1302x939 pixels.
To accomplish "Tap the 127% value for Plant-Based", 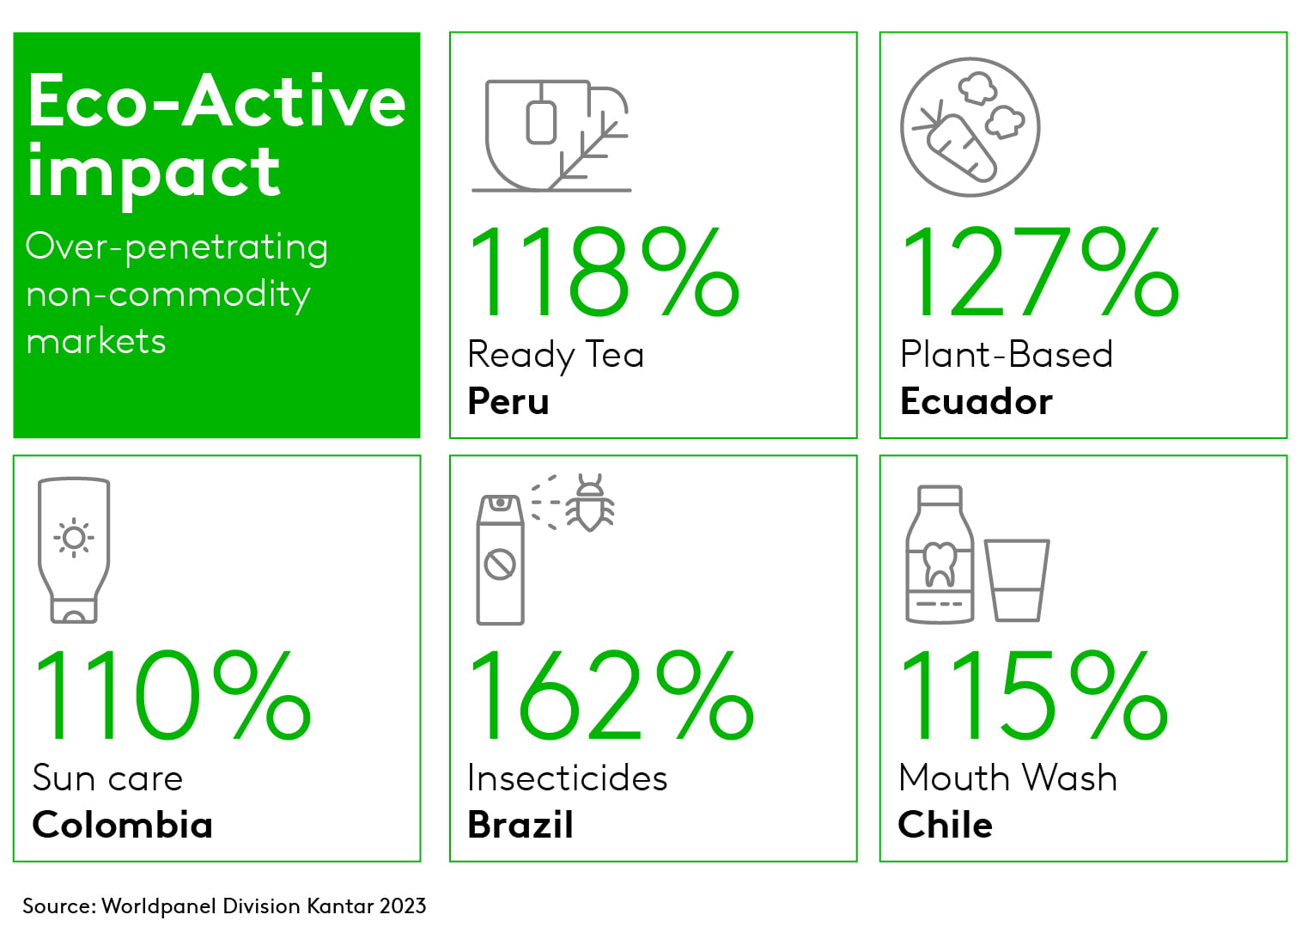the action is point(1040,271).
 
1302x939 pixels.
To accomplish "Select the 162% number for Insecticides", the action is point(611,695).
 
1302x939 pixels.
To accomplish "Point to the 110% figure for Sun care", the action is point(173,695).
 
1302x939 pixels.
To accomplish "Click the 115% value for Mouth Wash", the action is point(1033,695).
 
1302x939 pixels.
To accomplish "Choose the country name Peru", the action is point(508,401).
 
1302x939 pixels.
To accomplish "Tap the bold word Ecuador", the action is point(976,401).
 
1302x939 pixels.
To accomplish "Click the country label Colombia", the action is point(122,825).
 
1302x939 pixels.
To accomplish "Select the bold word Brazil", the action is point(520,825).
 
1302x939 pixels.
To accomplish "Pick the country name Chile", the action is point(945,825).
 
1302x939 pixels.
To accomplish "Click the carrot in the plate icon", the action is point(956,145).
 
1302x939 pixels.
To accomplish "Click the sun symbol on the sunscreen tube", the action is point(74,538).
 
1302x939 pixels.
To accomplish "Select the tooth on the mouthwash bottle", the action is point(940,564).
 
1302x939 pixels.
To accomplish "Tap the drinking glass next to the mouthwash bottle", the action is point(1016,580).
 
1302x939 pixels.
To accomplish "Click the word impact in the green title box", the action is point(154,172).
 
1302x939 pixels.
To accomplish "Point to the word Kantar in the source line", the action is point(340,905).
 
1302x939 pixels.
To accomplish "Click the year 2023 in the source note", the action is point(403,905).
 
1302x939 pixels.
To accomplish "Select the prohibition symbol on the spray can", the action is point(500,564).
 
